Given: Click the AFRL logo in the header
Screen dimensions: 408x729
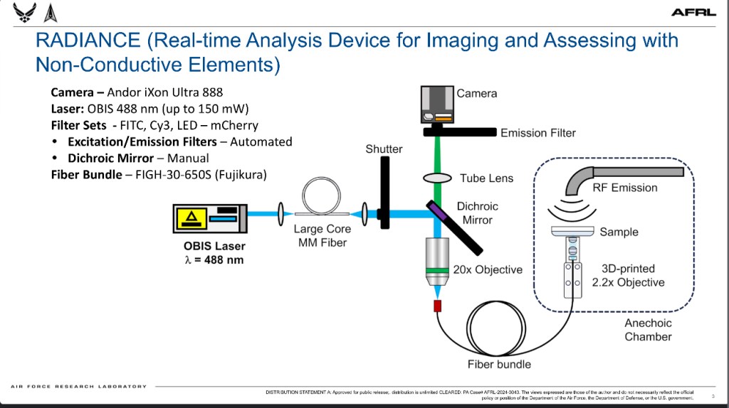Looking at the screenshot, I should click(688, 12).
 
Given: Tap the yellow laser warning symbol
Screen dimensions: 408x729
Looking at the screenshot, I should click(193, 218).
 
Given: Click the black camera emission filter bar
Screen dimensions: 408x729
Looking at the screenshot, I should click(460, 131).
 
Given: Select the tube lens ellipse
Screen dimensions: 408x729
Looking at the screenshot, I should click(438, 177).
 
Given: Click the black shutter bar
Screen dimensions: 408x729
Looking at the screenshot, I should click(384, 192).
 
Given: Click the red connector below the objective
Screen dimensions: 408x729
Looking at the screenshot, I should click(438, 306).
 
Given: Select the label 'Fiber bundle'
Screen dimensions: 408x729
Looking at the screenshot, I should click(499, 365).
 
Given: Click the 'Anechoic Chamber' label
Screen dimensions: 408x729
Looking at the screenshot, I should click(648, 330).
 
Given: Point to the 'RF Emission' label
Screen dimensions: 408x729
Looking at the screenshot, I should click(625, 188).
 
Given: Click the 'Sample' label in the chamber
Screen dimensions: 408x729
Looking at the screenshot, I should click(619, 232).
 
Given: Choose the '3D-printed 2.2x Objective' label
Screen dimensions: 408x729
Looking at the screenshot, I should click(628, 276).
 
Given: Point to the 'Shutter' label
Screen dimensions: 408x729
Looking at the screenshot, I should click(384, 149).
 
